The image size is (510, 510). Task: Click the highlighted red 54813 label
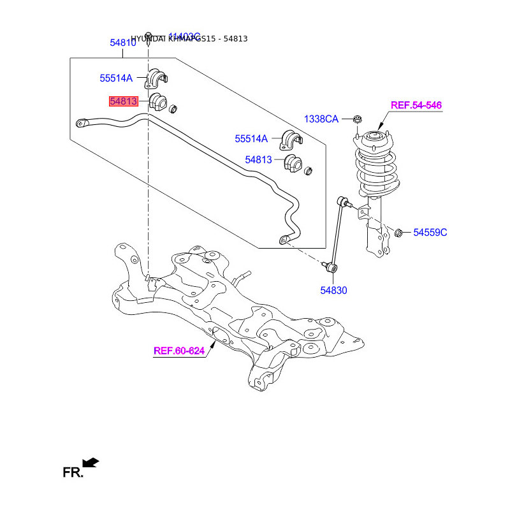123,101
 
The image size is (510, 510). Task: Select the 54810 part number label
122,43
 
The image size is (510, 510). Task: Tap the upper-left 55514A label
115,78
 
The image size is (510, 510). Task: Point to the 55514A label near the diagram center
251,138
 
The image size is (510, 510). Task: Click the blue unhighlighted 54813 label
259,159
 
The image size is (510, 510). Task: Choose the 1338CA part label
321,119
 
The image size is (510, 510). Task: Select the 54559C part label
430,233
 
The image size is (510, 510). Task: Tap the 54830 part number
333,291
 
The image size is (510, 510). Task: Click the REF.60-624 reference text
179,351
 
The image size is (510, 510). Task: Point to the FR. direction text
72,473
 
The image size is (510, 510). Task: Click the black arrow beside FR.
91,462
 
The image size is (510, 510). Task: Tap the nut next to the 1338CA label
358,119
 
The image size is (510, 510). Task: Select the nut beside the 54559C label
400,232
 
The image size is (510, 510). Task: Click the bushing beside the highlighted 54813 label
157,102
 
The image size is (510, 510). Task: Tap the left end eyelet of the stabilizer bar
80,122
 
